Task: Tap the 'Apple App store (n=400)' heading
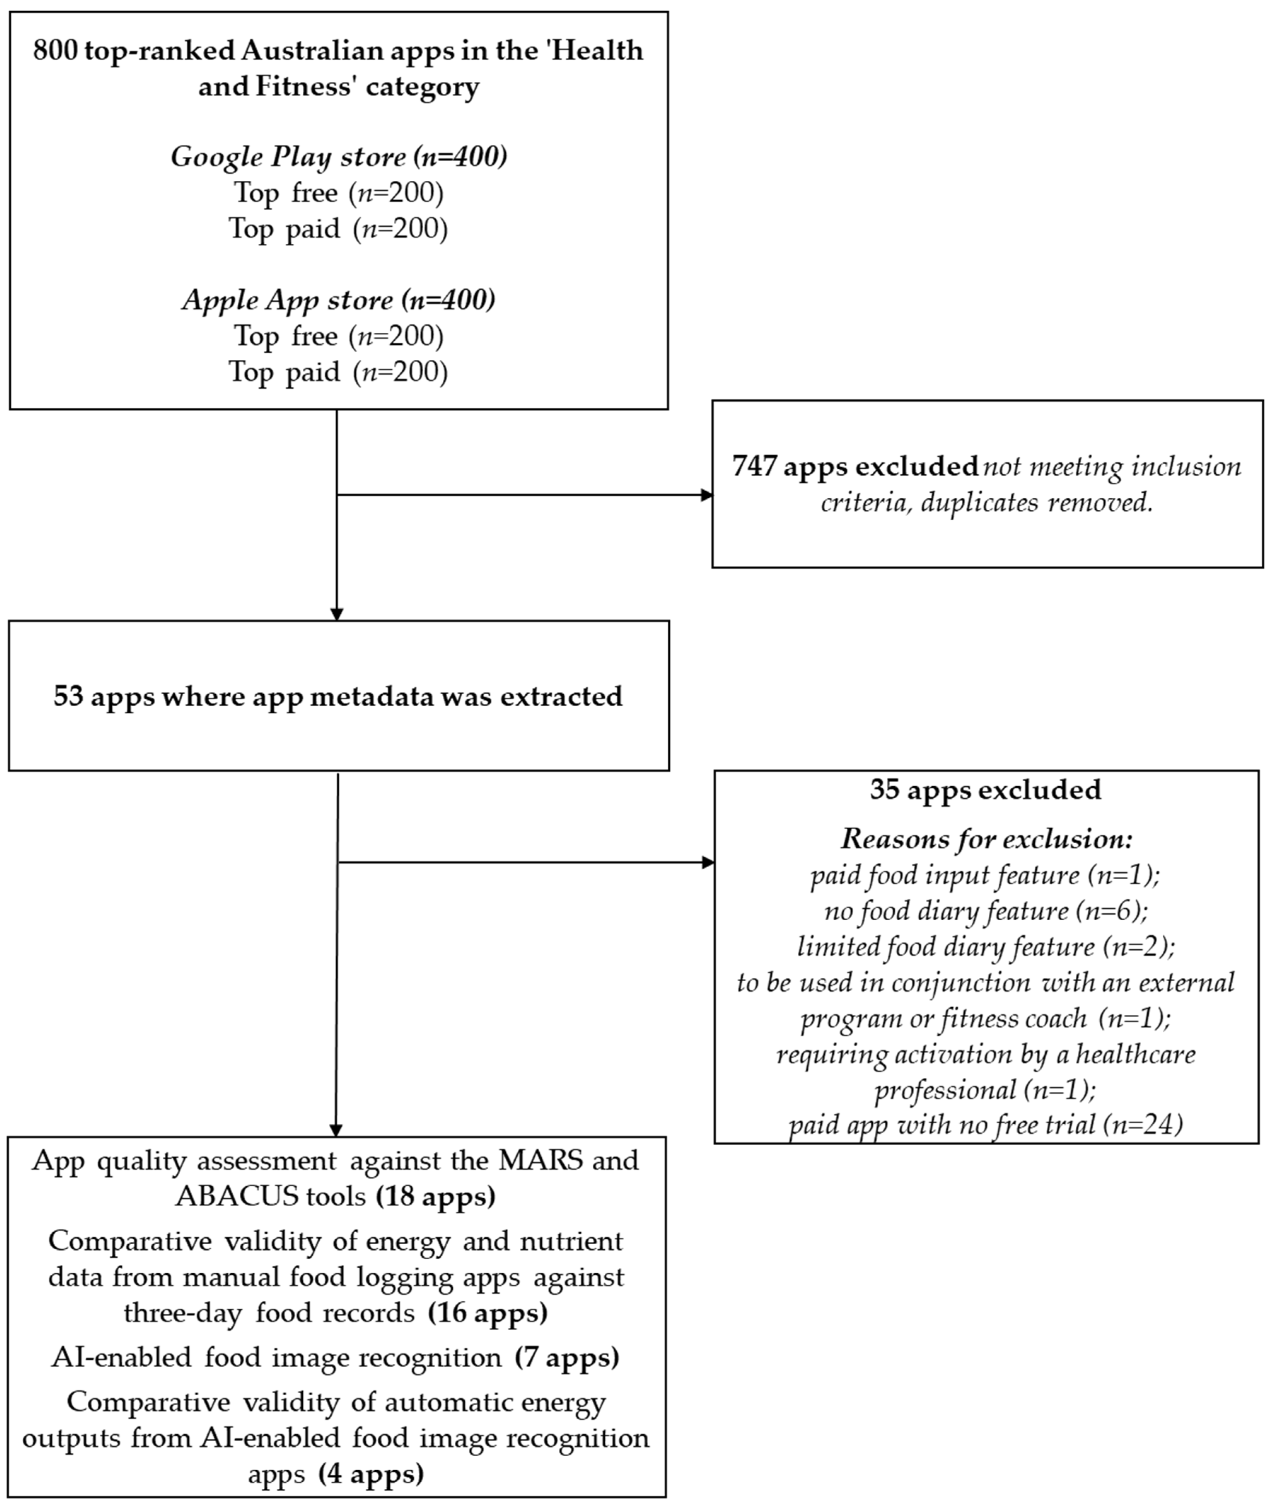(338, 300)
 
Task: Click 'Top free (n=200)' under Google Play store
(338, 193)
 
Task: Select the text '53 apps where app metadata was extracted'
(338, 696)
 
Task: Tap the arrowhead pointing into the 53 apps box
(336, 614)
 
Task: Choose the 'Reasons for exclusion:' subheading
(986, 839)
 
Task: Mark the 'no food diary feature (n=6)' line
(986, 911)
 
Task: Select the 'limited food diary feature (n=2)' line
(986, 946)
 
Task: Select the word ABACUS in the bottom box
(236, 1197)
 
